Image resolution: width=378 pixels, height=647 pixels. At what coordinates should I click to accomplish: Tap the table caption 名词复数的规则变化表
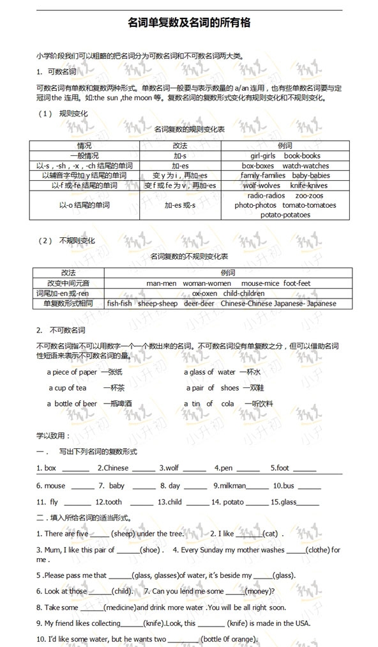click(189, 129)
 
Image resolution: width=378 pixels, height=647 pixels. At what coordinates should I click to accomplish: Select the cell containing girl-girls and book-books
click(285, 156)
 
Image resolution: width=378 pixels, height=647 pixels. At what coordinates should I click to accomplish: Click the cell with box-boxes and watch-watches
click(285, 166)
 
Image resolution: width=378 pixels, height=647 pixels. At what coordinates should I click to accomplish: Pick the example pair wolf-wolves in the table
click(262, 185)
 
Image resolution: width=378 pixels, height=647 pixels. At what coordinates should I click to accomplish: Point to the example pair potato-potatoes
click(285, 215)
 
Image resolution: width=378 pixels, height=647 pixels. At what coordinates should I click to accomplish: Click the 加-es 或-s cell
click(180, 205)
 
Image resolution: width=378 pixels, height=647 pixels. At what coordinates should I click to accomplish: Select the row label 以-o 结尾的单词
click(84, 205)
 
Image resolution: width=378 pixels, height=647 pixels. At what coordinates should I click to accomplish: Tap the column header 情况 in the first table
click(84, 146)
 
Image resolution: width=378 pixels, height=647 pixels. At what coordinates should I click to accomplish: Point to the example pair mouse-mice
click(259, 283)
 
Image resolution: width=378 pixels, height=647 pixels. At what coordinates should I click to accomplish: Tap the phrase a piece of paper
click(72, 372)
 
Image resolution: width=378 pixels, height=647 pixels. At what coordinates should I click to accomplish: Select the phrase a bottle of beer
click(72, 403)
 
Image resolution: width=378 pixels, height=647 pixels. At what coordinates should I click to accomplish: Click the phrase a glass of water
click(209, 372)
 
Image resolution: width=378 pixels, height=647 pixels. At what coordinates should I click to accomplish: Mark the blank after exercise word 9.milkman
click(257, 487)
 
